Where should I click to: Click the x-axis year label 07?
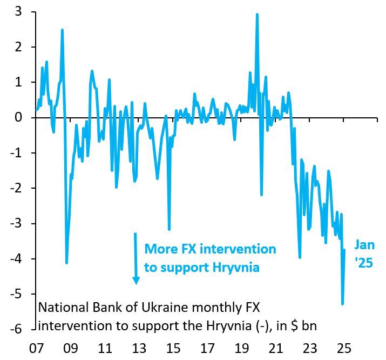tap(37, 348)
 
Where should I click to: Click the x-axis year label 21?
tap(276, 348)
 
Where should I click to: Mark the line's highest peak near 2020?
tap(257, 15)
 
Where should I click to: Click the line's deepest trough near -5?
tap(342, 304)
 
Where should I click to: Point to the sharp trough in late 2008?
tap(66, 263)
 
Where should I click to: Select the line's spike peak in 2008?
tap(62, 30)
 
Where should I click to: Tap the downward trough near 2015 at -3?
tap(169, 229)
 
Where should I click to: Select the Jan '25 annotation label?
tap(364, 254)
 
